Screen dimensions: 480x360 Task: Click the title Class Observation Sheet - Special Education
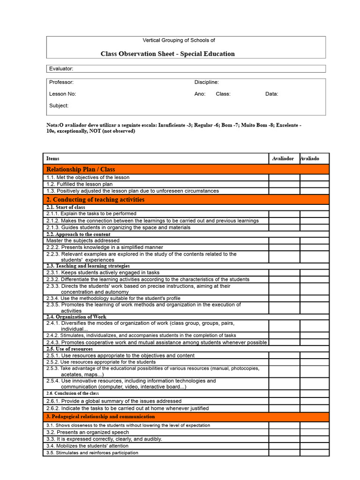pos(167,54)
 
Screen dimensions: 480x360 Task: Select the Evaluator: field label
pos(61,69)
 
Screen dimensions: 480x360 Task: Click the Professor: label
pos(61,82)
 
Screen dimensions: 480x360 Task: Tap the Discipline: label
pos(206,82)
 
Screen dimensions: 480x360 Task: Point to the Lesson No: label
pos(62,94)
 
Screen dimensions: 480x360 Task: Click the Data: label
pos(271,94)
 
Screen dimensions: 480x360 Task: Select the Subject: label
pos(59,105)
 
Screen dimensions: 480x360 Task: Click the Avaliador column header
pos(283,158)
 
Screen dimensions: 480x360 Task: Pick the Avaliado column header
pos(310,158)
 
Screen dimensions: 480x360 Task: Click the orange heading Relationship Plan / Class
pos(80,169)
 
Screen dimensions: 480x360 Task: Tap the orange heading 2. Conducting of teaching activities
pos(95,200)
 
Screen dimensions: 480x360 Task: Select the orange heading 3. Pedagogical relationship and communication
pos(100,417)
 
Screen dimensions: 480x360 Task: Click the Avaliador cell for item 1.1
pos(284,178)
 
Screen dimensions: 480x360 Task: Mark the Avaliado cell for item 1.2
pos(315,184)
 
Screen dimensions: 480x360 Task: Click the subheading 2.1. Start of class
pos(66,207)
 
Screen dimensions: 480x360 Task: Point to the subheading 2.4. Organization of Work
pos(76,317)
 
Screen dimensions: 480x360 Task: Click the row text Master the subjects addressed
pos(83,240)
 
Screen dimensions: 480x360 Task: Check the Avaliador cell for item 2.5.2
pos(284,362)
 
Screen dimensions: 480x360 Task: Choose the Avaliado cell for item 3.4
pos(315,446)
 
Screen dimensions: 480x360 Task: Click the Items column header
pos(53,158)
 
